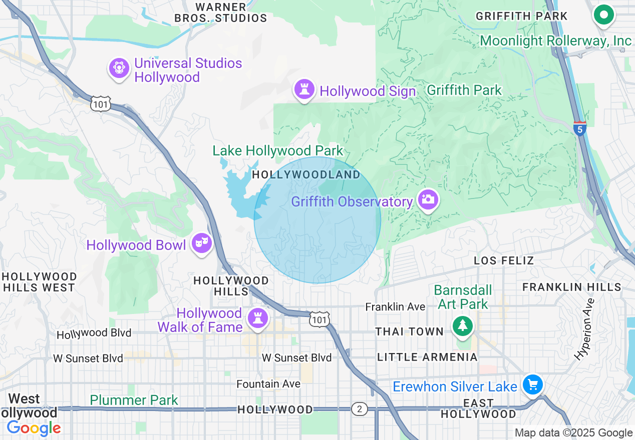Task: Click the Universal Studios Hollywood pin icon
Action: [x=119, y=67]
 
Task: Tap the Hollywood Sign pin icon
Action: [x=304, y=90]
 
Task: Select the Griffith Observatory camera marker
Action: [x=428, y=200]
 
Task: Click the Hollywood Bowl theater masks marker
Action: [x=202, y=243]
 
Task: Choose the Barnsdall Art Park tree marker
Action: [x=463, y=325]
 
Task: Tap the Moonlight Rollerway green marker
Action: [x=604, y=15]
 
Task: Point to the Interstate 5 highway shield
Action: [x=580, y=128]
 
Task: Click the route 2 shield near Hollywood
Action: [x=359, y=409]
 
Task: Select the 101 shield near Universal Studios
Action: [x=100, y=104]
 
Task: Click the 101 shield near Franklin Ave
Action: [x=319, y=319]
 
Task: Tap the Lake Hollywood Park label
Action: [x=278, y=150]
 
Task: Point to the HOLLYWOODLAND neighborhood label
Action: [x=306, y=174]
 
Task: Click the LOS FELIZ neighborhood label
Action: [x=504, y=260]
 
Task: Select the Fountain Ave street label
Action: [x=268, y=383]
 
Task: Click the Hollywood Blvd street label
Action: [x=94, y=333]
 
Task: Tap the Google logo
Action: [x=34, y=428]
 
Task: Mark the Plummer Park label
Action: [x=134, y=400]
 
